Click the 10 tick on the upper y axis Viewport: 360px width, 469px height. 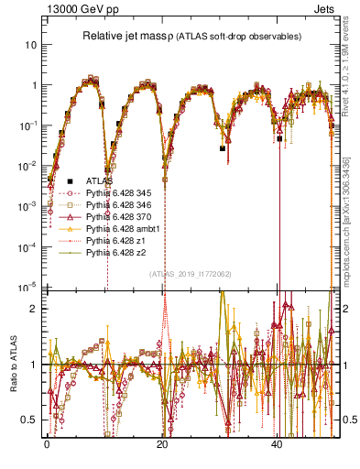point(30,44)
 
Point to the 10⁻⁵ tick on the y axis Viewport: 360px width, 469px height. point(27,287)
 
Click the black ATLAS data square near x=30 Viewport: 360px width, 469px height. point(223,147)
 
